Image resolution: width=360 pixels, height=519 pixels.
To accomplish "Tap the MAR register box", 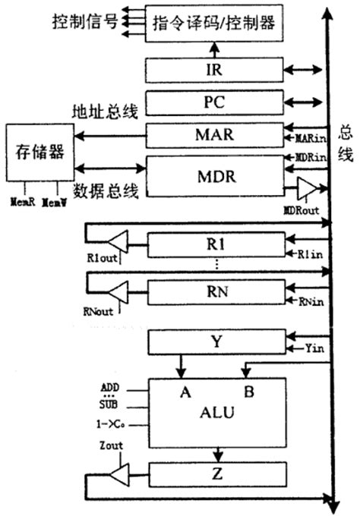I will (x=213, y=137).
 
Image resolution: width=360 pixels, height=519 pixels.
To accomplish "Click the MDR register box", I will (x=213, y=178).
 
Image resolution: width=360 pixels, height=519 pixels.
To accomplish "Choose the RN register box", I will (x=213, y=293).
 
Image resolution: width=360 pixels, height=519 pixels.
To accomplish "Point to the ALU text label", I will (x=216, y=414).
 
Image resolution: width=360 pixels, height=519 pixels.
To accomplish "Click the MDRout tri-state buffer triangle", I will (x=306, y=190).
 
